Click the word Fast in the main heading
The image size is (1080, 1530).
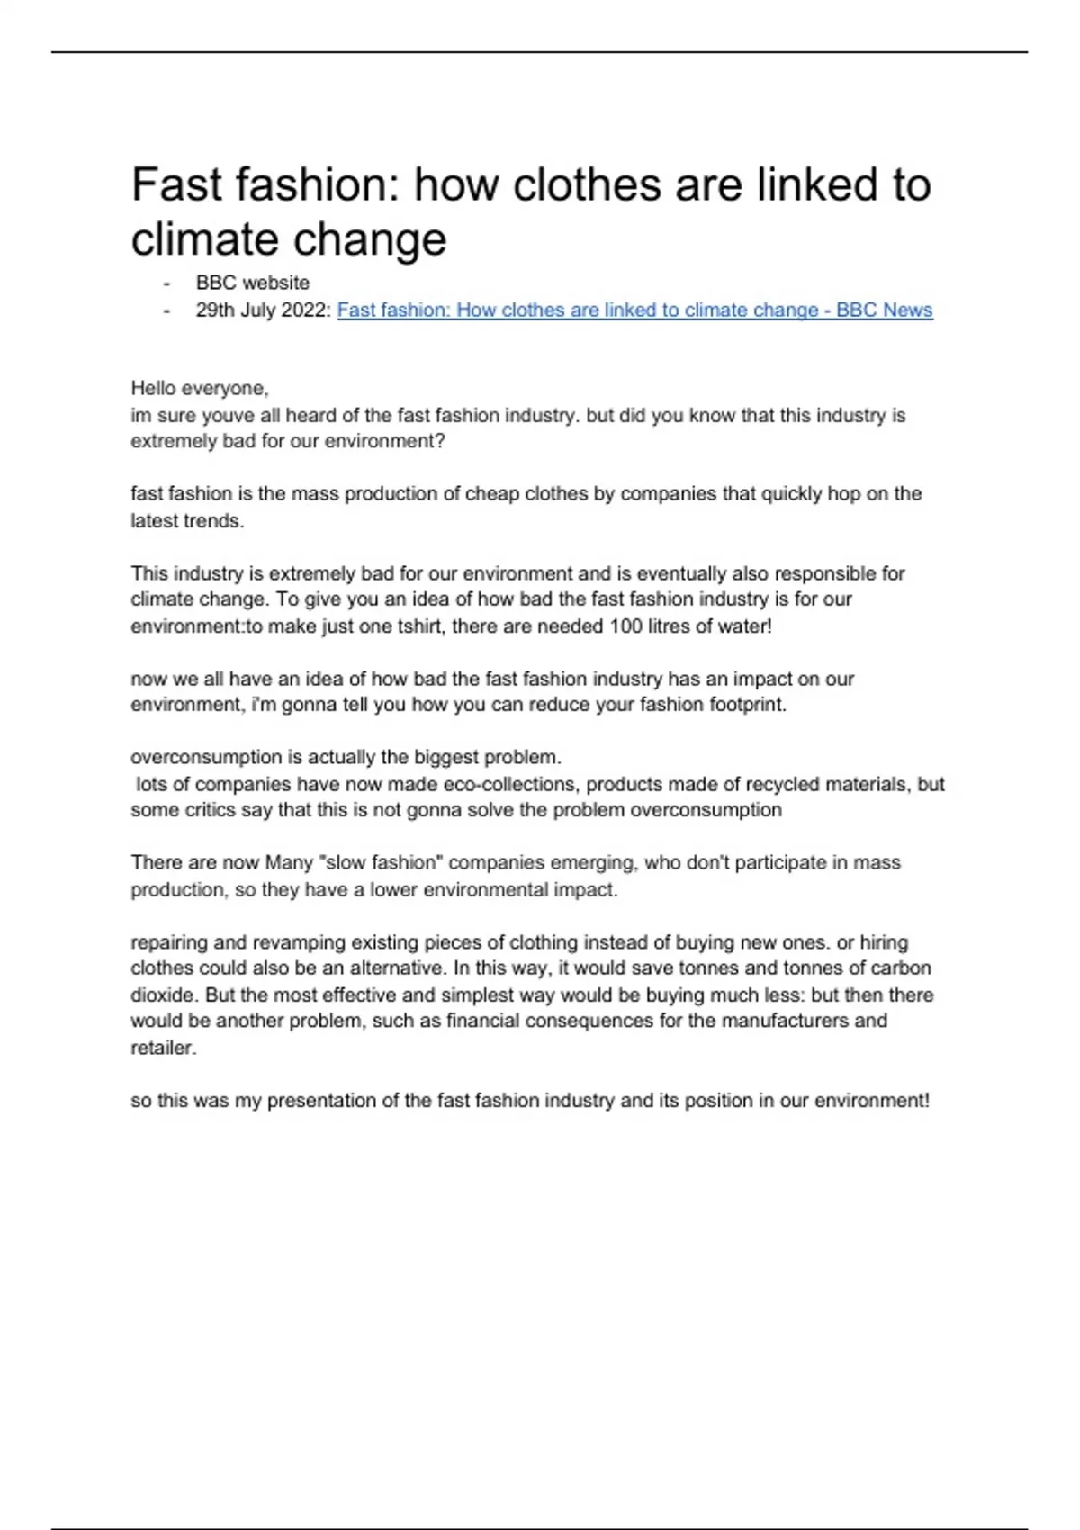[176, 185]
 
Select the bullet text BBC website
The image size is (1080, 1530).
[253, 283]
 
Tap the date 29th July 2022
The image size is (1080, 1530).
[262, 310]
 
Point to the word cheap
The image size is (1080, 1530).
[491, 494]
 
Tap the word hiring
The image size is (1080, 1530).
[884, 942]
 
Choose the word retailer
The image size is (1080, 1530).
[163, 1048]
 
